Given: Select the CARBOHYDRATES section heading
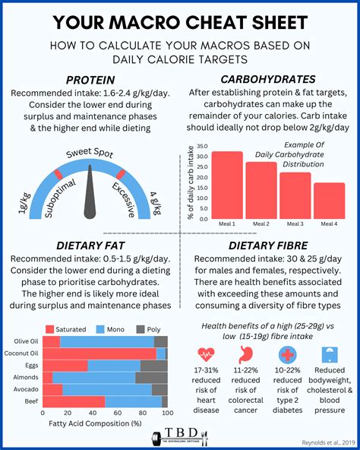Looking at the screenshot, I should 267,79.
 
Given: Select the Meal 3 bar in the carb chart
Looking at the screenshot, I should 295,195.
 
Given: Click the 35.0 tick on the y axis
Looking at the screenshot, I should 202,147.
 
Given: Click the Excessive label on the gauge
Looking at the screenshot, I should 127,196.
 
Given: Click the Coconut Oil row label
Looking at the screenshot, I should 22,353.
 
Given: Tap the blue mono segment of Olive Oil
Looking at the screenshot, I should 106,342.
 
